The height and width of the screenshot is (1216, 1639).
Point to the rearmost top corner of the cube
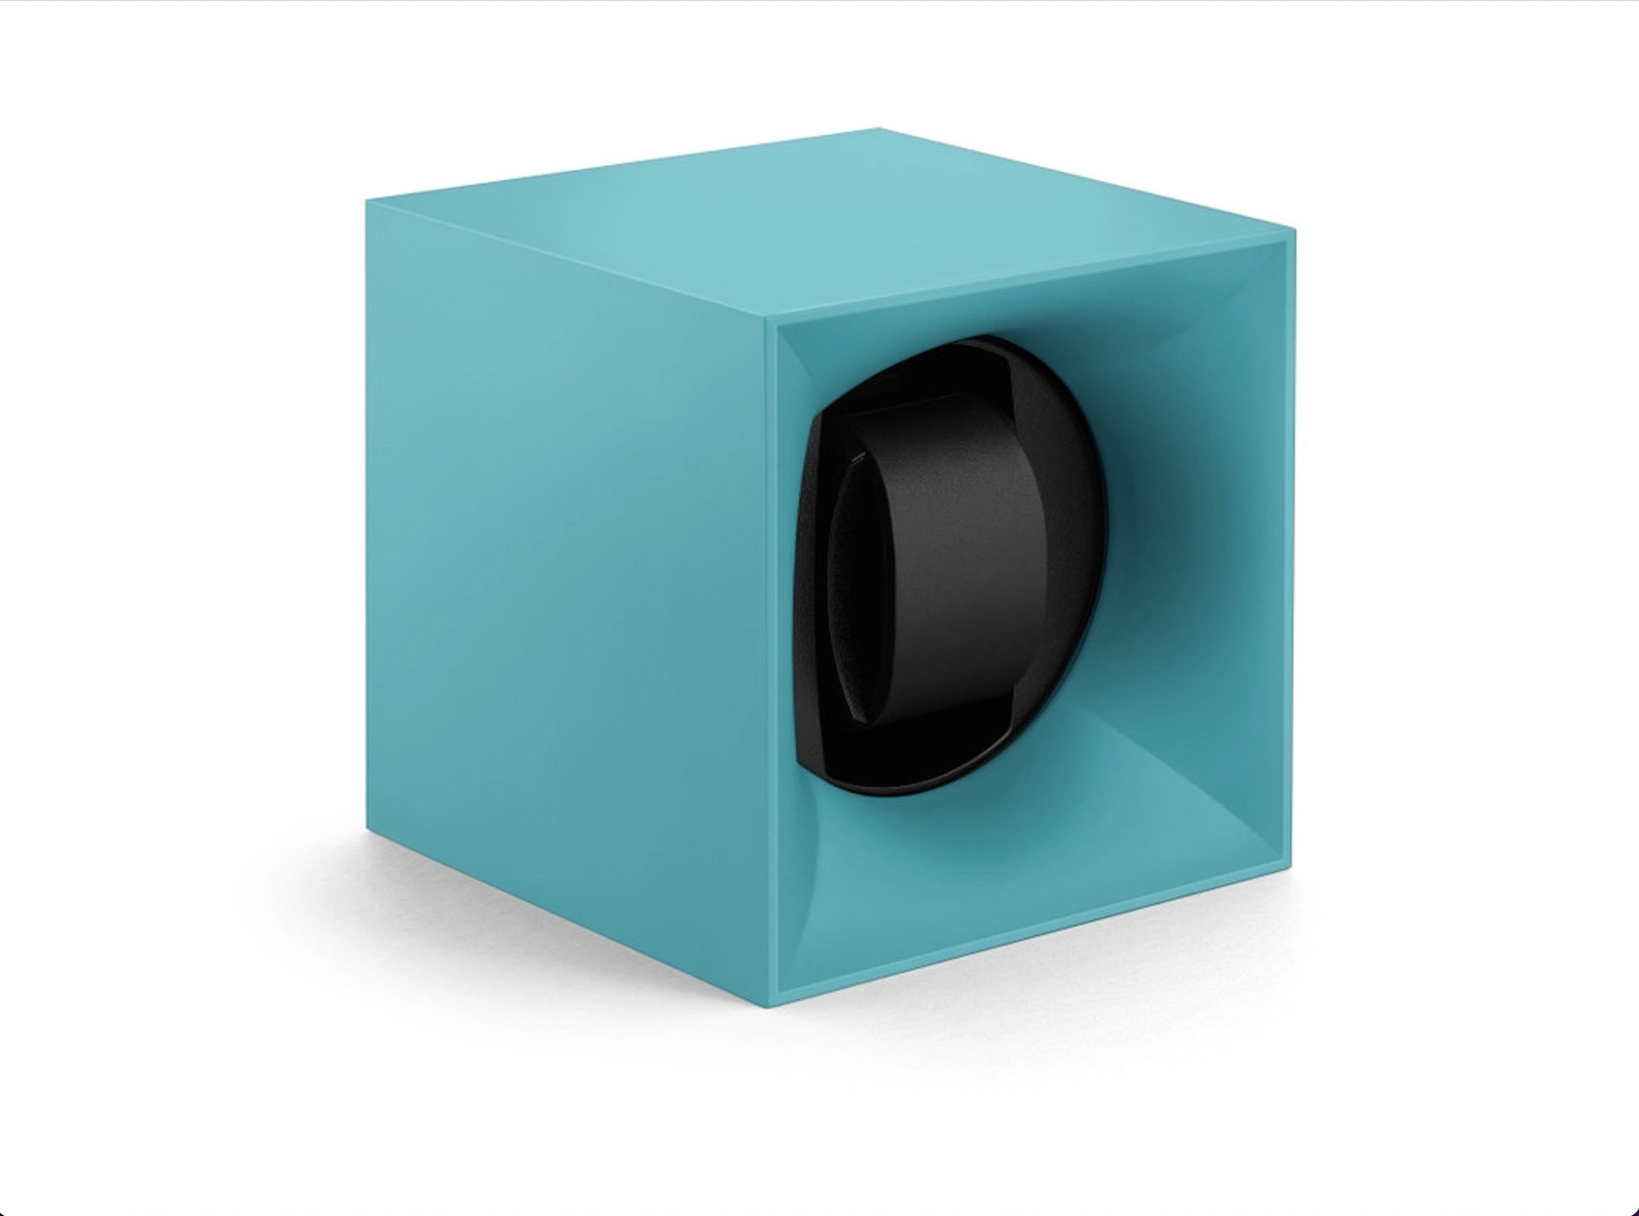pyautogui.click(x=878, y=129)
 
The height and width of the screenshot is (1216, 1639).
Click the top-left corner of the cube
pyautogui.click(x=367, y=201)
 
